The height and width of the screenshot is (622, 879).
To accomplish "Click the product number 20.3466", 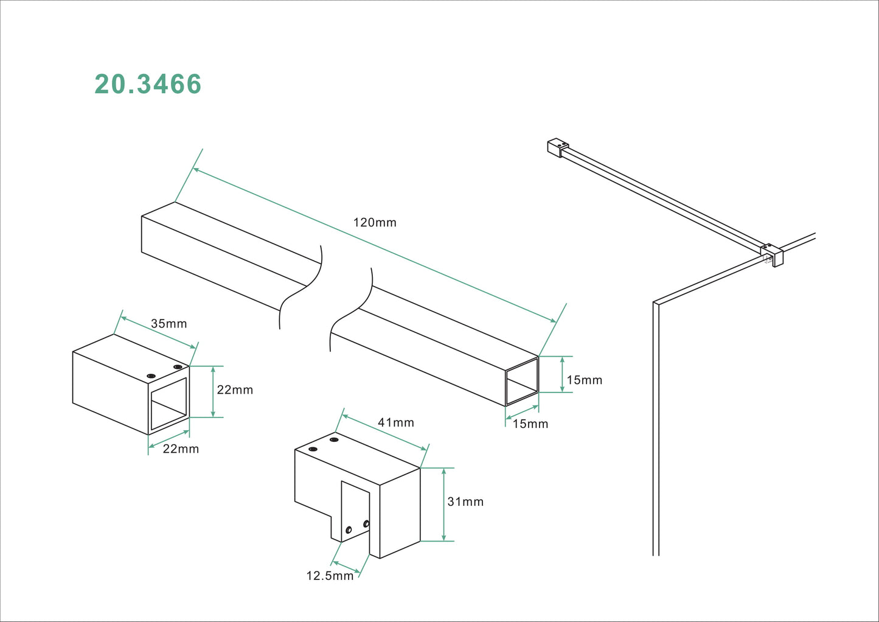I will tap(148, 84).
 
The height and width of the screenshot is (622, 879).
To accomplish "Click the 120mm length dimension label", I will tap(375, 223).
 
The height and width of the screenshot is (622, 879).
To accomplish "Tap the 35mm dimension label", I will tap(169, 324).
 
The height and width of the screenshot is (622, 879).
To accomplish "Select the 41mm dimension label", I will tap(395, 422).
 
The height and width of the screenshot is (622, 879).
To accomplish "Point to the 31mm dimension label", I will tap(465, 501).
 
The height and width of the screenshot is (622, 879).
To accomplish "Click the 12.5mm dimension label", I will tap(330, 576).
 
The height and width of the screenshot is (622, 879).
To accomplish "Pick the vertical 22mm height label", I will tap(235, 390).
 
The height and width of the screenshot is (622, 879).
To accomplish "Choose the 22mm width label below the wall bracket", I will tap(181, 449).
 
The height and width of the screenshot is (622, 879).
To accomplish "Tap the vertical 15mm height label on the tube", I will tap(584, 380).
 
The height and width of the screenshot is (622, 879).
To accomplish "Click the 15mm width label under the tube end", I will tap(530, 424).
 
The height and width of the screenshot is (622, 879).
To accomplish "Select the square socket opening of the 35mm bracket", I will tap(169, 404).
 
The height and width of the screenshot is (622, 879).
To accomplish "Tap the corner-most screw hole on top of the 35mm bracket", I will tap(178, 367).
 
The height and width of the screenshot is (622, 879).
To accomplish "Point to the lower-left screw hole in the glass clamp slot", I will tap(349, 530).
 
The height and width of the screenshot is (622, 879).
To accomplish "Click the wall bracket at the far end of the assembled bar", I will tap(557, 147).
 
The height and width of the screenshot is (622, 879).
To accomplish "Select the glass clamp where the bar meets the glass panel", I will tap(772, 254).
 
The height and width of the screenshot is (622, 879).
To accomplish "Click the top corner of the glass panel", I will tap(656, 302).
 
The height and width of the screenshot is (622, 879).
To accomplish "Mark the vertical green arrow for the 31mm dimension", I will tap(444, 505).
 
